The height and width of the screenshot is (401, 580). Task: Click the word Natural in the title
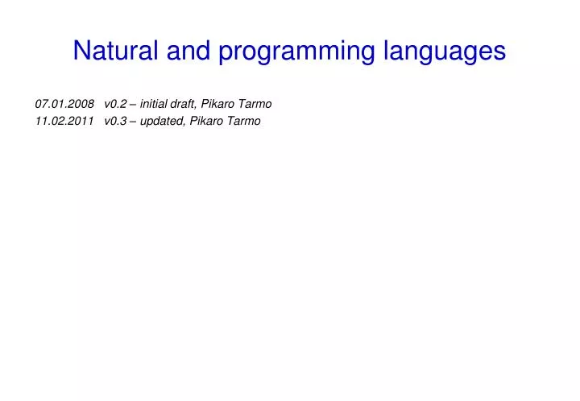[x=117, y=52]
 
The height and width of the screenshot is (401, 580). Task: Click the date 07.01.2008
[x=65, y=104]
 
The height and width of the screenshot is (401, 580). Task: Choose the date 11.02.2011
[x=65, y=121]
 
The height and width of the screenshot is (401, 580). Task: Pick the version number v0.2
[x=115, y=104]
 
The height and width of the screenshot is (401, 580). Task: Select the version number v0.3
[x=115, y=121]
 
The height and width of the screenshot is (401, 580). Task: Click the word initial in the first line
[x=155, y=104]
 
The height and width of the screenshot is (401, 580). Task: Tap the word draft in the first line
[x=184, y=104]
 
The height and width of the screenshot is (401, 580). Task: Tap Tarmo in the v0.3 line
[x=244, y=121]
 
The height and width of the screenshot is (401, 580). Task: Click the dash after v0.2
[x=133, y=104]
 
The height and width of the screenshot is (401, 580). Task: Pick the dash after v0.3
[x=133, y=121]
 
